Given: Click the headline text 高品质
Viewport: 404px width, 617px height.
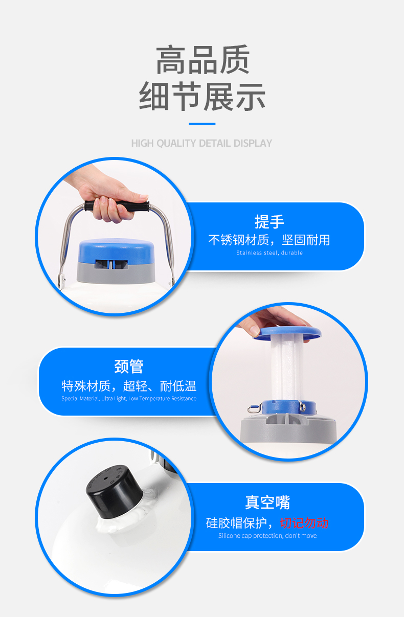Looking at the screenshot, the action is [203, 60].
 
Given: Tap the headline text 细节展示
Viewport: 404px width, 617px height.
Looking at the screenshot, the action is [202, 96].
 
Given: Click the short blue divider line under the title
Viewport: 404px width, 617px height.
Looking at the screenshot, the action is [202, 124].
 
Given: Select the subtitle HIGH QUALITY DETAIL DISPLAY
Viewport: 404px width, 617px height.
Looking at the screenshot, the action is [201, 143].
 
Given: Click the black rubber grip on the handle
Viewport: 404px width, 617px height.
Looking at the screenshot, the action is [117, 206].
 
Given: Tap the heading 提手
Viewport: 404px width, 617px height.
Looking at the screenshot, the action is [269, 222].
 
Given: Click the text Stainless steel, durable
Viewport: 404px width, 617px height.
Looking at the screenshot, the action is [269, 253].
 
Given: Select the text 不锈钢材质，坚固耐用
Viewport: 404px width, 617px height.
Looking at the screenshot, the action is [269, 240].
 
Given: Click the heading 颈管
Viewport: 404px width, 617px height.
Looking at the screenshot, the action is [129, 367].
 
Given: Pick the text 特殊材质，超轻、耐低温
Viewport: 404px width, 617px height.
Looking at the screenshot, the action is [129, 385].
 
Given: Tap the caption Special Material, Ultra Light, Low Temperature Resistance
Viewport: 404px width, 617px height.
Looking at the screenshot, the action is [129, 398].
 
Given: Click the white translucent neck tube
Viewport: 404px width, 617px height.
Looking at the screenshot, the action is [286, 368].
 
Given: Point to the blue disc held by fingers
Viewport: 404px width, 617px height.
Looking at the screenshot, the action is [287, 333].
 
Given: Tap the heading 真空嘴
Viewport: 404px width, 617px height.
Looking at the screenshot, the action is [267, 502].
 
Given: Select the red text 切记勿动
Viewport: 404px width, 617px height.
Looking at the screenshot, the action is [304, 523].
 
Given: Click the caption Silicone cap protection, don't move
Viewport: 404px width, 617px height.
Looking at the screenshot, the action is [267, 536].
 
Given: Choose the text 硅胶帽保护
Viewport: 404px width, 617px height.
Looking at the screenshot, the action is [236, 523].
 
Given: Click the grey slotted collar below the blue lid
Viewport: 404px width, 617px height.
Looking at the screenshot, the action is [116, 271].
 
